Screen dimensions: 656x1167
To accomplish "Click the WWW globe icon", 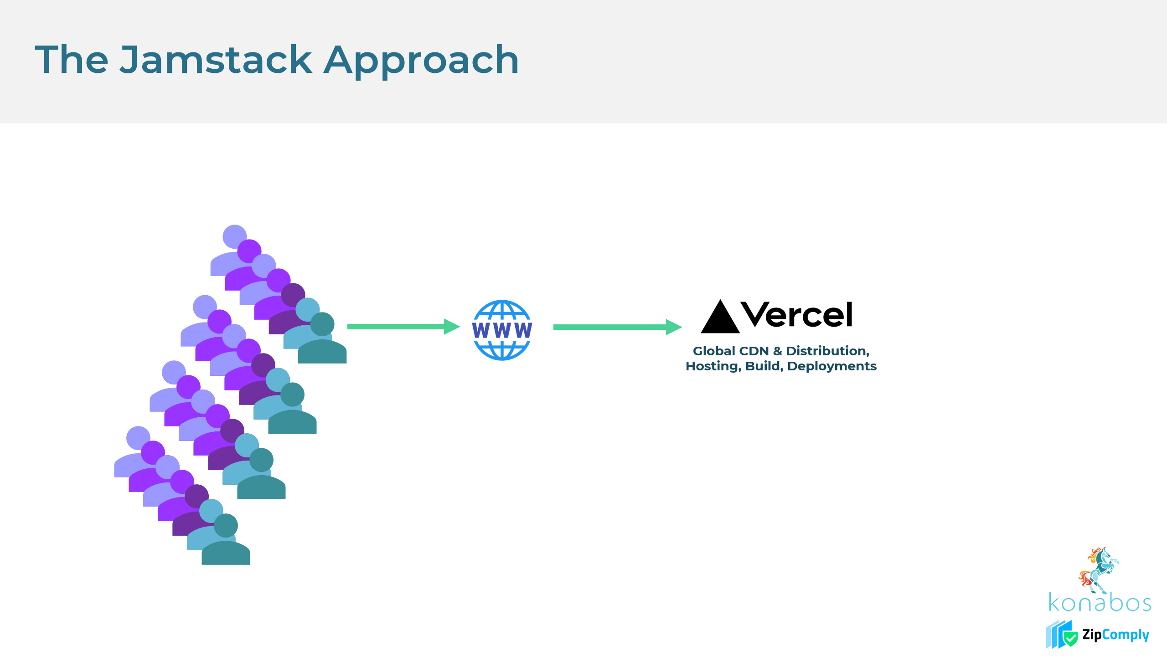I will click(502, 330).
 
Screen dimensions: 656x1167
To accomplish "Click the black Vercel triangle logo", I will click(720, 318).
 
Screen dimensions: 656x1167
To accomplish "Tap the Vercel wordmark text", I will click(796, 315).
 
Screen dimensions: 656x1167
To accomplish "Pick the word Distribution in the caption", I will click(827, 351).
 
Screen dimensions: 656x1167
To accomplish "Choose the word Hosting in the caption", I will click(713, 366).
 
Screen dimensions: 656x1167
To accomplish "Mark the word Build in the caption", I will click(764, 366).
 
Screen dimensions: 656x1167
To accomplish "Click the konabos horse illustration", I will click(1099, 569).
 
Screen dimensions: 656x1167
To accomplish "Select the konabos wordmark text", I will click(1100, 603).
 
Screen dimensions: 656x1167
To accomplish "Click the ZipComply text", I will click(1115, 635).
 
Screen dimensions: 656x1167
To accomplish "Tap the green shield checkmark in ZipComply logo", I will click(1070, 638).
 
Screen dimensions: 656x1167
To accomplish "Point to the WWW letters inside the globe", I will click(502, 330).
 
